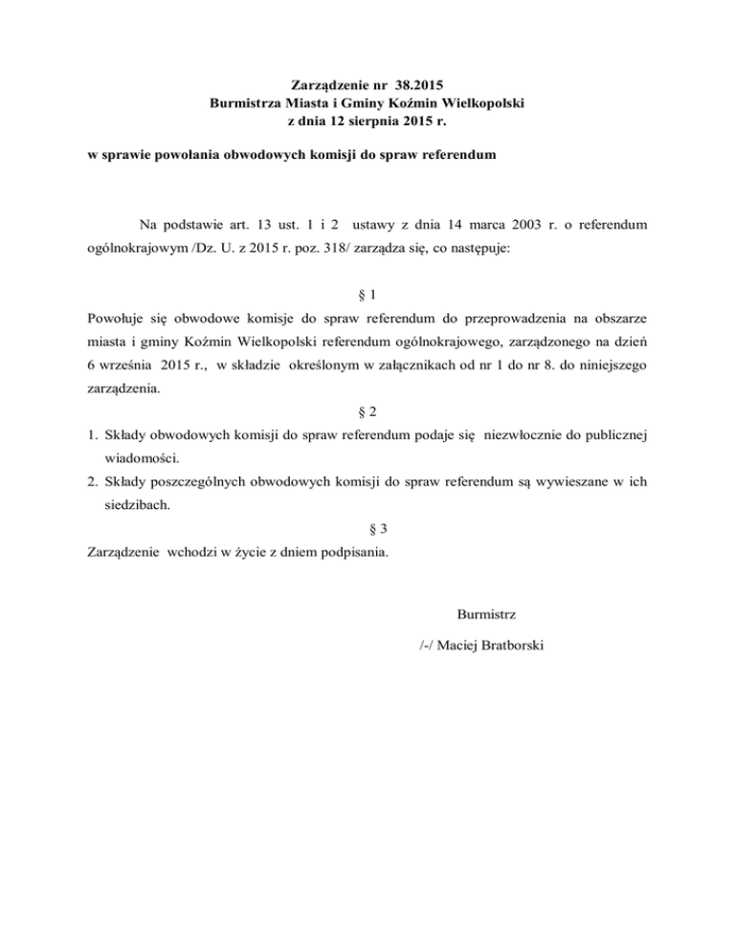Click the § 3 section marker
click(x=367, y=529)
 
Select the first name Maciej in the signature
click(x=461, y=646)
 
